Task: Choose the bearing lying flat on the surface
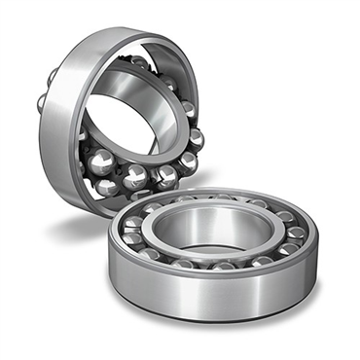coord(214,243)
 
